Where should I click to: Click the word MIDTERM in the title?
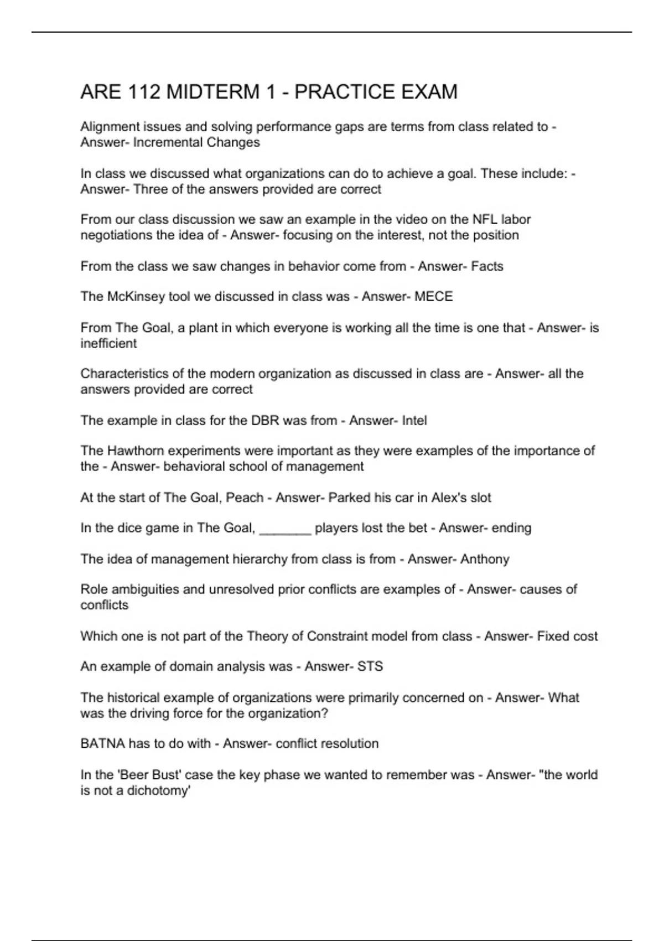click(x=212, y=92)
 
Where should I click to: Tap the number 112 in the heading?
click(x=145, y=92)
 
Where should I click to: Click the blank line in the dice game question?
click(x=285, y=529)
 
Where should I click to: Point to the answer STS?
click(x=370, y=666)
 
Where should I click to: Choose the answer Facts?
click(x=487, y=266)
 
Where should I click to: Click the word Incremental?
click(x=168, y=143)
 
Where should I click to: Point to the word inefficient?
click(x=108, y=344)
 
